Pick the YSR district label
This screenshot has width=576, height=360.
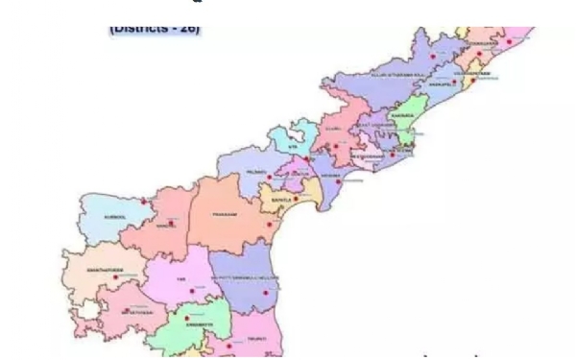click(x=180, y=279)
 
